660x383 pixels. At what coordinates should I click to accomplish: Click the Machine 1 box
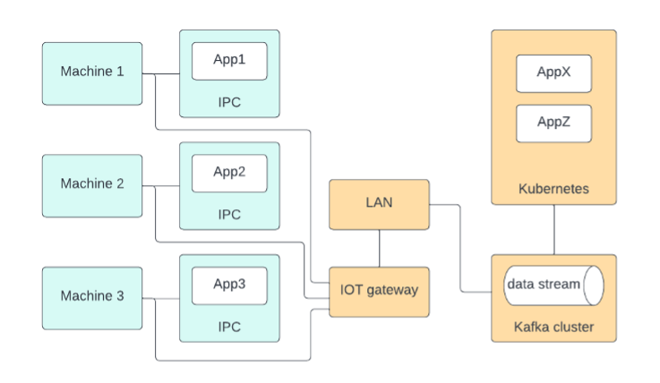(x=92, y=72)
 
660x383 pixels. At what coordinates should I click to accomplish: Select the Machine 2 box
(x=92, y=184)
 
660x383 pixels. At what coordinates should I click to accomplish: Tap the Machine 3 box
(x=92, y=296)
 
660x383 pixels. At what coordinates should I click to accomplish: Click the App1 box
(x=229, y=61)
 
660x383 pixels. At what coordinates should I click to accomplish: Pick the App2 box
(x=229, y=173)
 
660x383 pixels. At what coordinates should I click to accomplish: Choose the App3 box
(x=229, y=285)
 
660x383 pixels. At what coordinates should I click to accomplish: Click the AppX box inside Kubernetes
(x=553, y=73)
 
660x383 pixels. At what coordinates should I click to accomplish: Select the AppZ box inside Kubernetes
(x=553, y=123)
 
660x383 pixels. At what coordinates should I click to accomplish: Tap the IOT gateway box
(x=380, y=291)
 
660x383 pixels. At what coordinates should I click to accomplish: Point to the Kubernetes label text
(x=553, y=190)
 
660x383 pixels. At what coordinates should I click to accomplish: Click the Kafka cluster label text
(x=553, y=328)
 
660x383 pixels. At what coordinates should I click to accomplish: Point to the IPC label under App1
(x=229, y=102)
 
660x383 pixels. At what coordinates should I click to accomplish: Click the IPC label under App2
(x=229, y=215)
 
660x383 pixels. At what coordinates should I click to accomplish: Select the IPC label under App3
(x=229, y=327)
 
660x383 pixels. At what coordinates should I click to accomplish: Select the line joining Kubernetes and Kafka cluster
(x=553, y=230)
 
